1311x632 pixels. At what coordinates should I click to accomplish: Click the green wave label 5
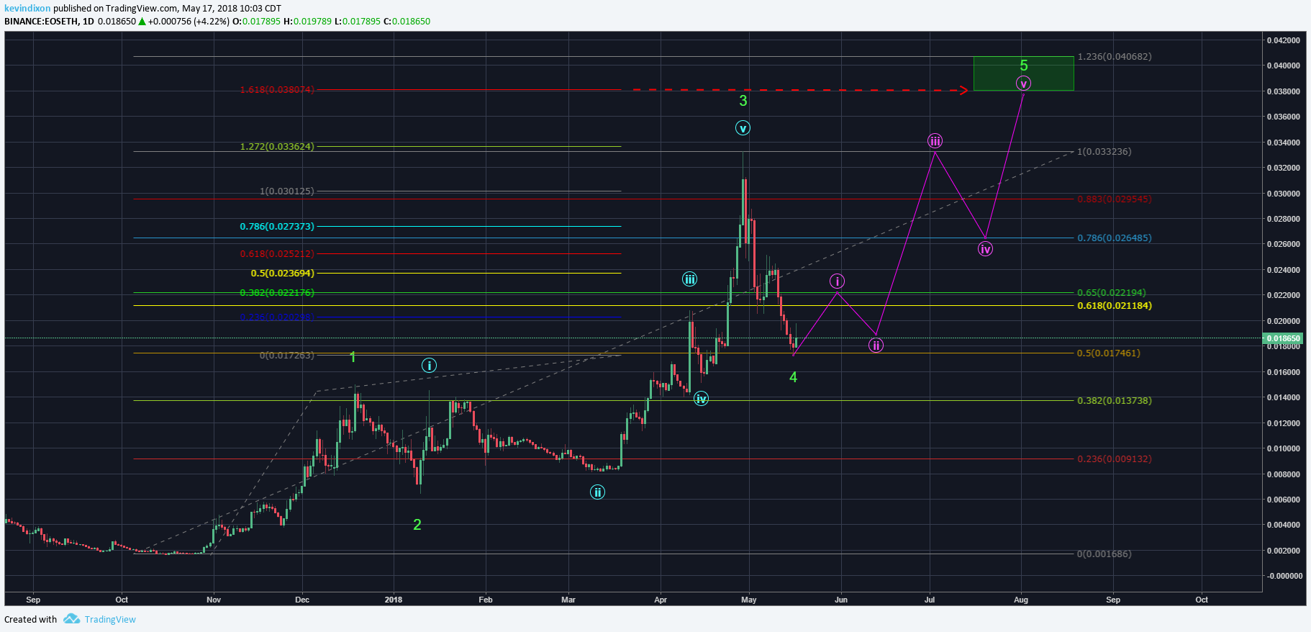(1024, 66)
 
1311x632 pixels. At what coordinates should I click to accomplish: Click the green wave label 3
(743, 101)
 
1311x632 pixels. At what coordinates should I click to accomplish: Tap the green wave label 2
(417, 525)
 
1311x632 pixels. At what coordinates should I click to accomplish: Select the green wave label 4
(793, 377)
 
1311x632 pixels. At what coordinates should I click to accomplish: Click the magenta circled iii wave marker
(935, 141)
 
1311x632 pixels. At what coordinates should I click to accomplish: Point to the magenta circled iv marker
(985, 249)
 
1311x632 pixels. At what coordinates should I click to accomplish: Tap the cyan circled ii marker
(597, 492)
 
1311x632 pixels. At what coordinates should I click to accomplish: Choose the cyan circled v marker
(743, 128)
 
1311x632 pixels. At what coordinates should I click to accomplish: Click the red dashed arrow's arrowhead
(963, 91)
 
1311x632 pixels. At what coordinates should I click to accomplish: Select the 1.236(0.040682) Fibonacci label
(1114, 57)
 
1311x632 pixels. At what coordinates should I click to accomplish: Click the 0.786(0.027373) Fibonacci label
(277, 227)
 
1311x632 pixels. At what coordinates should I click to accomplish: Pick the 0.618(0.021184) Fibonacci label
(1114, 306)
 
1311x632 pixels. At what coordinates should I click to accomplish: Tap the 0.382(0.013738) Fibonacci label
(1114, 401)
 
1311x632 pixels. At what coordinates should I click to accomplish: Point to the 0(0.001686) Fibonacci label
(1104, 554)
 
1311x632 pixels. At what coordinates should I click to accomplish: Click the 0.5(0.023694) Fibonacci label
(282, 274)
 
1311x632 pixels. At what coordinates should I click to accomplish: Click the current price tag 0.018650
(1283, 338)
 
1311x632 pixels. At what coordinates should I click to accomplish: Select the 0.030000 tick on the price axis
(1283, 194)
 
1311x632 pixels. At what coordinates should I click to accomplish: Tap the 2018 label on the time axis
(394, 600)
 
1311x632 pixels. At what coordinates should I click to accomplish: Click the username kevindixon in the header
(27, 9)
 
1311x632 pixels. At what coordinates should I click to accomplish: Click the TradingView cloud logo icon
(71, 619)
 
